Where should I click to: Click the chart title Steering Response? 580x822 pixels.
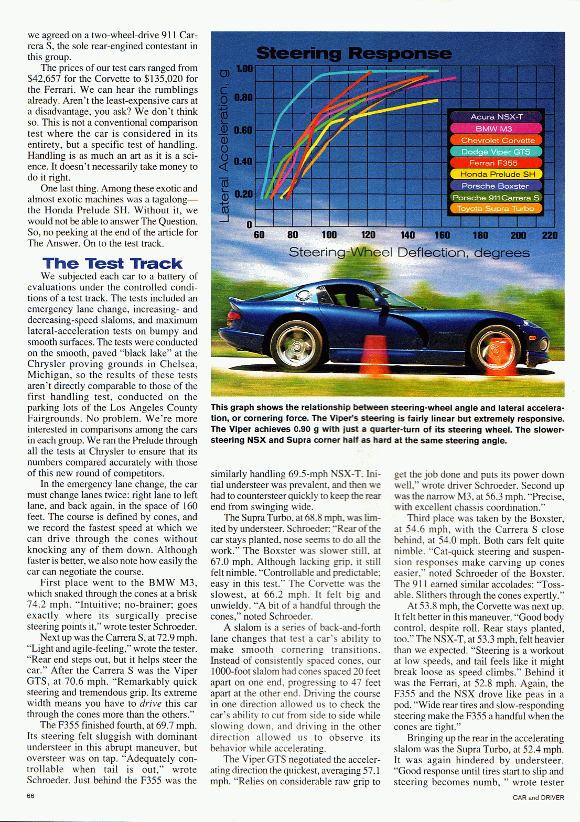pos(353,53)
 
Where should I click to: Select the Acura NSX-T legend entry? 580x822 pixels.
pos(496,117)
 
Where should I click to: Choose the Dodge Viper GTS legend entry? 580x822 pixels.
pos(496,152)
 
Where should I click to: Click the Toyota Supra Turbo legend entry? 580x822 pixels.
pos(495,208)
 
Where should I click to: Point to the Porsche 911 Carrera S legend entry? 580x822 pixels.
pos(496,198)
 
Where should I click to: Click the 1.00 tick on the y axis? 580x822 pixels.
pos(244,69)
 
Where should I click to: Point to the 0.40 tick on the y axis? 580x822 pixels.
pos(243,161)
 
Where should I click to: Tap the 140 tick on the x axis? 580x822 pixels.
pos(407,235)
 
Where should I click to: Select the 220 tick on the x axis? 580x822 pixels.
pos(550,235)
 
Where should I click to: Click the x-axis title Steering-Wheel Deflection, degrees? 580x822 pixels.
pos(409,253)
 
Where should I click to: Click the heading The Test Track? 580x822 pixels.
pos(112,263)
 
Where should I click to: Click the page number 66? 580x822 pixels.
pos(31,796)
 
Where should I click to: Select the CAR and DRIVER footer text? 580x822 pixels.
pos(538,797)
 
